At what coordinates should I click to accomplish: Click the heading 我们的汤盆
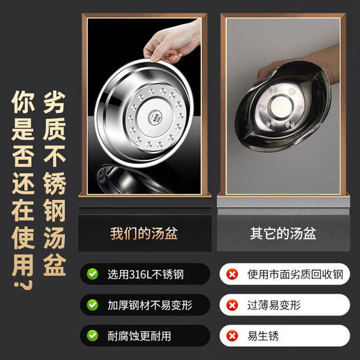[x=144, y=233]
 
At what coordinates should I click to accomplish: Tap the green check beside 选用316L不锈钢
[x=93, y=273]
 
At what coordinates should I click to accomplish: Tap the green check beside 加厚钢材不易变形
[x=93, y=305]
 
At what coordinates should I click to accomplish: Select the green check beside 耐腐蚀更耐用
[x=93, y=336]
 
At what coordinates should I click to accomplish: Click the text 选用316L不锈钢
[x=145, y=273]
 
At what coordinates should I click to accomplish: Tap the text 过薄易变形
[x=270, y=305]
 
